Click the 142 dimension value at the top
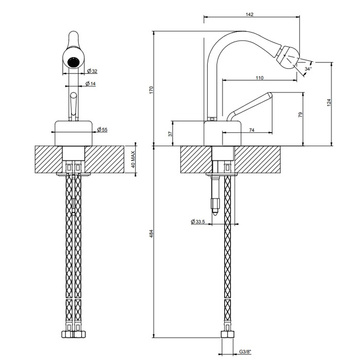249,14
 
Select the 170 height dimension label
151,89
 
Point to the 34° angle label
308,68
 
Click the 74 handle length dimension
252,131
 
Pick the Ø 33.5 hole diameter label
198,222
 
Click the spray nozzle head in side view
288,55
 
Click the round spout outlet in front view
75,62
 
